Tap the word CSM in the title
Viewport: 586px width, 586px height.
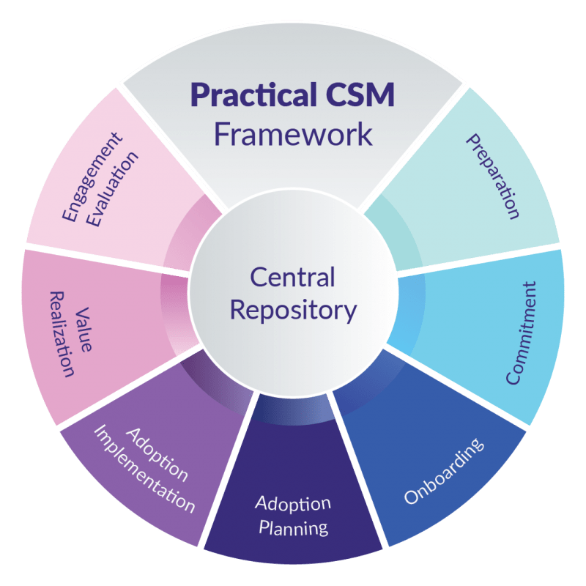[x=359, y=96]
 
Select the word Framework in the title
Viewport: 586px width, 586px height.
[x=293, y=135]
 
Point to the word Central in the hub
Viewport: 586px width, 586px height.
[x=292, y=278]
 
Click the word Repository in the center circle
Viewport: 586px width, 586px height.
[x=293, y=310]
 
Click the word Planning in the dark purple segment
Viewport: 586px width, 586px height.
[x=293, y=527]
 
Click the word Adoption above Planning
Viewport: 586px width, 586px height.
[x=293, y=504]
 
